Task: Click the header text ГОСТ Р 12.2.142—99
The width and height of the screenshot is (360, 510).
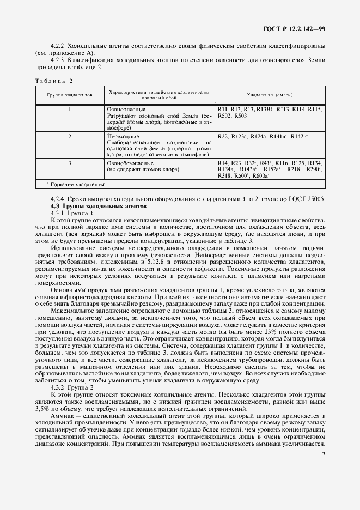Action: click(x=295, y=28)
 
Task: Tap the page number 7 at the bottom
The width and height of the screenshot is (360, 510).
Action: click(x=324, y=454)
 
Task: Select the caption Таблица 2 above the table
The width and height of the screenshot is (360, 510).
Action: click(x=54, y=81)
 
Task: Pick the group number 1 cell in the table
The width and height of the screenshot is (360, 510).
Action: click(x=70, y=110)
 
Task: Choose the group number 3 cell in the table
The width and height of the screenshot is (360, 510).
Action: click(x=70, y=163)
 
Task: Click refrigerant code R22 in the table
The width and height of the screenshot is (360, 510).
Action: click(x=223, y=136)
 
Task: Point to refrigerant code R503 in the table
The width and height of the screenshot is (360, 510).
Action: click(x=241, y=116)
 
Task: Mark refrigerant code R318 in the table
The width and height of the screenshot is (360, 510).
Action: click(x=224, y=176)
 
